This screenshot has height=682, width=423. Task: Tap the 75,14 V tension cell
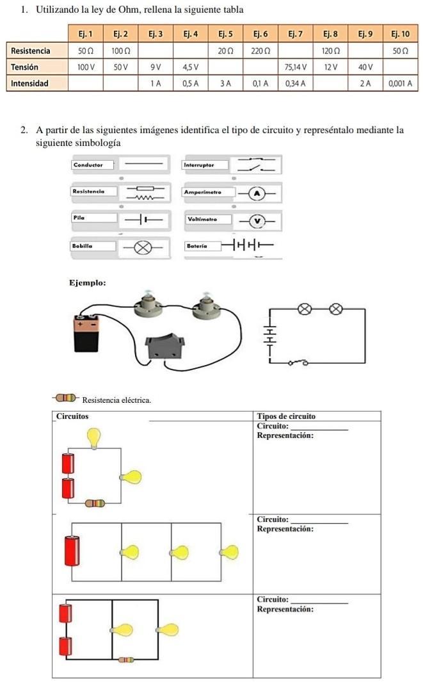coord(296,67)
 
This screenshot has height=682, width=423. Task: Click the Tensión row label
coord(25,67)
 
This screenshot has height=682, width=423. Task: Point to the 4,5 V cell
coord(190,67)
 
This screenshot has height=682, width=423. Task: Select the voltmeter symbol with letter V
coord(257,220)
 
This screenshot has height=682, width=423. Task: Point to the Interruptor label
coord(198,165)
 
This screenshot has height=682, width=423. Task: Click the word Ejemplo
coord(87,282)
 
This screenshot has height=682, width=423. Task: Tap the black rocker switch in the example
coord(164,347)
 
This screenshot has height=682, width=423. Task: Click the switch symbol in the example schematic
coord(298,362)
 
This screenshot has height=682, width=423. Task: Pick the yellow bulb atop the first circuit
coord(94,438)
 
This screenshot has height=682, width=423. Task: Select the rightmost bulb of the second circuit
coord(228,551)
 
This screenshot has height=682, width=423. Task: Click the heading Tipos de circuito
coord(285,416)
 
